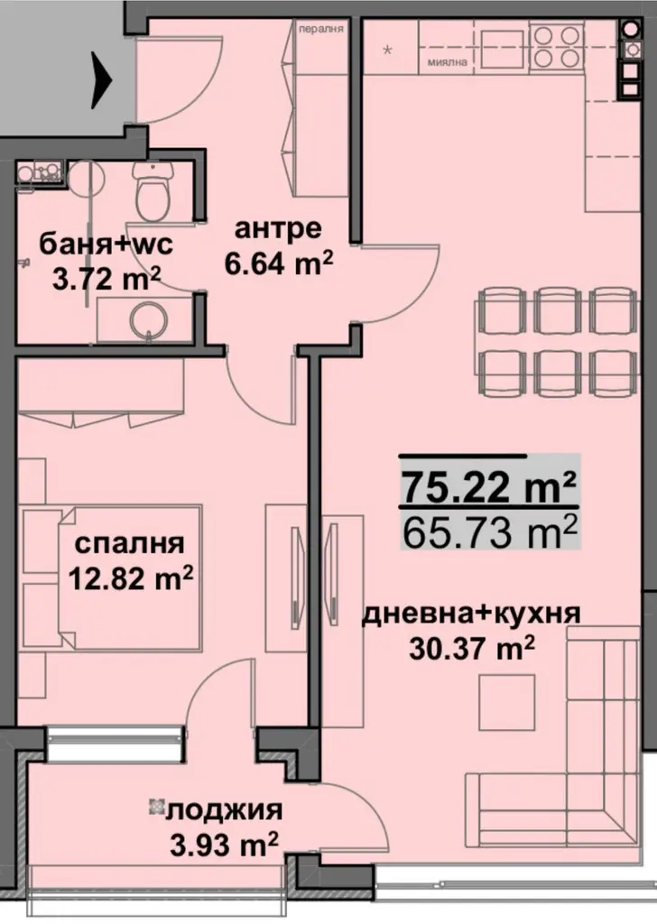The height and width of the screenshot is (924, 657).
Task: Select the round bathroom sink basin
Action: pyautogui.click(x=145, y=321)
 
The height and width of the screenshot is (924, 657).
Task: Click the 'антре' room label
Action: pyautogui.click(x=278, y=228)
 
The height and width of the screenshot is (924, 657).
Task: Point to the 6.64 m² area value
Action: pyautogui.click(x=279, y=263)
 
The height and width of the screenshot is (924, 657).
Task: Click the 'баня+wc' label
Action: pyautogui.click(x=106, y=244)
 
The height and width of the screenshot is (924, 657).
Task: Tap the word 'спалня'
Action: pyautogui.click(x=130, y=543)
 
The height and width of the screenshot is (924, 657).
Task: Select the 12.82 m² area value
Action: pyautogui.click(x=131, y=578)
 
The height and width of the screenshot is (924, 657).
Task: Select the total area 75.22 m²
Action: pyautogui.click(x=488, y=486)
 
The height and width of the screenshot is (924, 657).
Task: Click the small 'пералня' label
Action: pyautogui.click(x=321, y=28)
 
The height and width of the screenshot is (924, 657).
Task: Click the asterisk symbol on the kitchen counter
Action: pyautogui.click(x=388, y=50)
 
